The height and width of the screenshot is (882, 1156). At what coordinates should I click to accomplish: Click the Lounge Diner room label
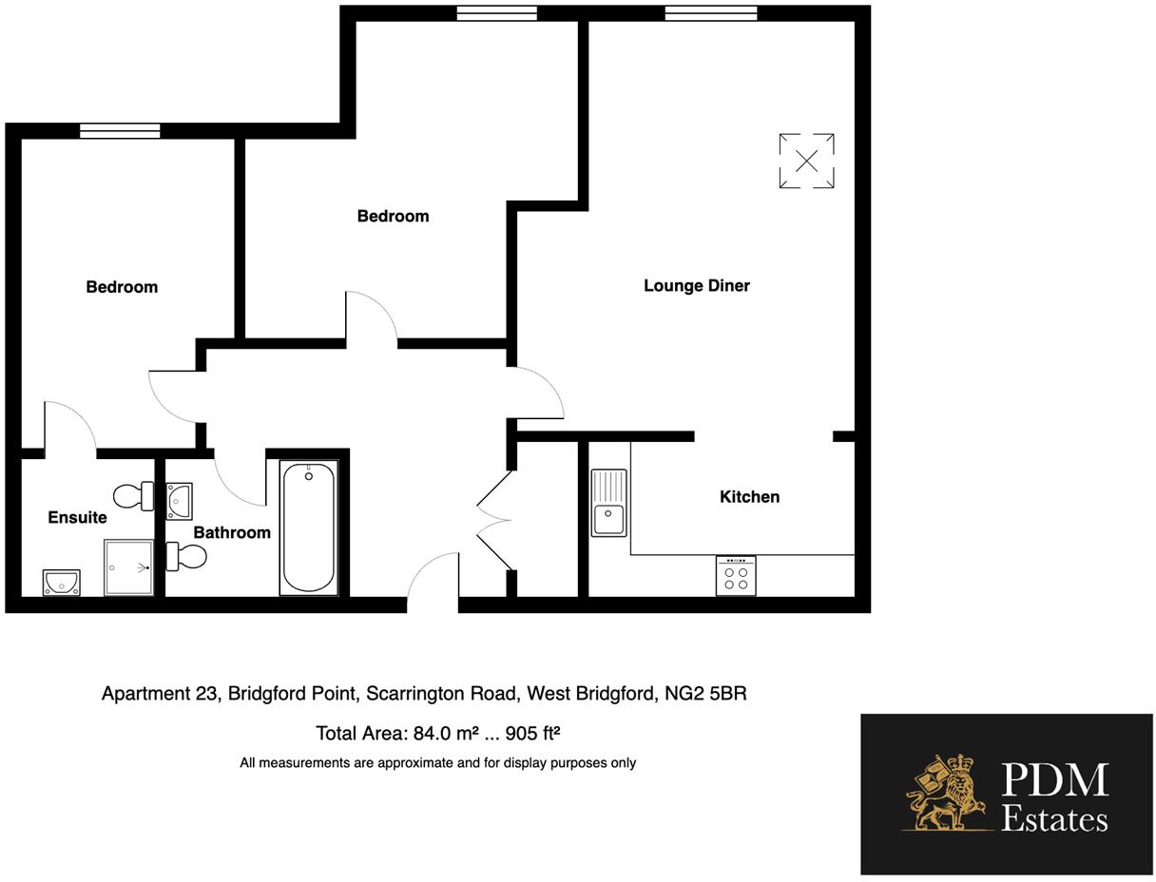(696, 285)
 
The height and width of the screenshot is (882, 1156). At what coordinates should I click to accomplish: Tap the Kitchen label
(749, 496)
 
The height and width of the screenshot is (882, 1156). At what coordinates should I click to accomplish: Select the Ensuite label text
(77, 517)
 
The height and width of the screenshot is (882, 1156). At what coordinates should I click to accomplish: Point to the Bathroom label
(232, 532)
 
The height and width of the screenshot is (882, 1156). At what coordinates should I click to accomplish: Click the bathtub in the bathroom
(308, 527)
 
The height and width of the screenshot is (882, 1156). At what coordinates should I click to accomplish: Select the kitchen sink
(608, 503)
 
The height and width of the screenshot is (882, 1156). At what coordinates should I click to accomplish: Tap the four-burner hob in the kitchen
(736, 576)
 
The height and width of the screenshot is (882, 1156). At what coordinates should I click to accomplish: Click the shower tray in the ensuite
(128, 567)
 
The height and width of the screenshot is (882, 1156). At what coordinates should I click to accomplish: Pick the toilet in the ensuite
(133, 495)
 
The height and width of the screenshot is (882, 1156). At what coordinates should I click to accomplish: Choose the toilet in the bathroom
(186, 556)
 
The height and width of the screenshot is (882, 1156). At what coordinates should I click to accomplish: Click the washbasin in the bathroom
(179, 500)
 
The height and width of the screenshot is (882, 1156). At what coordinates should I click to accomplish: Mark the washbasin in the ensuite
(61, 582)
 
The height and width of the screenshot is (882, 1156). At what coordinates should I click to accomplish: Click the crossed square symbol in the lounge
(806, 161)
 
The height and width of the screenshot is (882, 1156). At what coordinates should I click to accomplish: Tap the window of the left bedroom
(120, 131)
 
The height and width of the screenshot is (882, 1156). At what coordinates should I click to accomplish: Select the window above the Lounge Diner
(710, 13)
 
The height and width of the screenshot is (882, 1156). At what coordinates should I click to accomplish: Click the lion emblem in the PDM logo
(946, 794)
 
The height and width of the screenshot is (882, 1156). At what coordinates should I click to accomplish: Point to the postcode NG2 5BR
(705, 693)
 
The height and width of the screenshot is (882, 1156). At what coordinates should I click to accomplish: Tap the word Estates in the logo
(1054, 819)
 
